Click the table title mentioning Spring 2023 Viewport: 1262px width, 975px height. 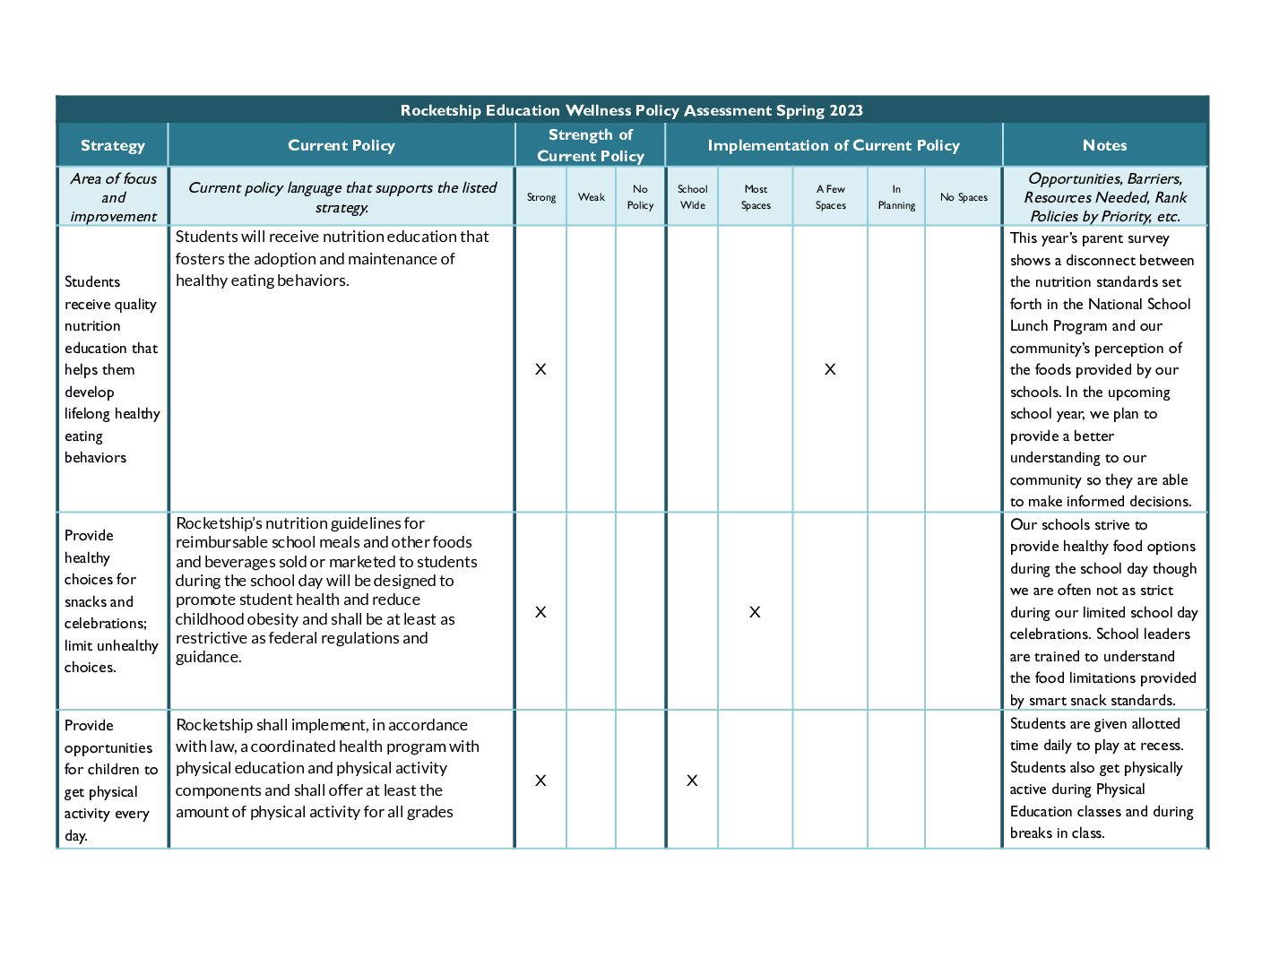(631, 110)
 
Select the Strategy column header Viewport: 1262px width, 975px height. (112, 145)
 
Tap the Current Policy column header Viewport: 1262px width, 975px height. (341, 145)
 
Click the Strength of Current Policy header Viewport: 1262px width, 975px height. (590, 145)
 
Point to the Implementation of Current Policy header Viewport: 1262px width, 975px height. (833, 145)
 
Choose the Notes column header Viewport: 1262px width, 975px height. (1104, 145)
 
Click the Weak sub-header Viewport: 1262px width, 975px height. (591, 197)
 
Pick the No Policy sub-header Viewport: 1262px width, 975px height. (640, 197)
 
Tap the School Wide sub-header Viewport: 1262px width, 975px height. (692, 197)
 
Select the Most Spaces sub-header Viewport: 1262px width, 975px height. (756, 197)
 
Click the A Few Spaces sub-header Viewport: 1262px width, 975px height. (830, 197)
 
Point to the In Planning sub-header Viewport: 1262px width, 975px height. (896, 197)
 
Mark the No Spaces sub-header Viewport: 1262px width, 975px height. (964, 197)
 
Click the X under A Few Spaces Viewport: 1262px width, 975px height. (830, 369)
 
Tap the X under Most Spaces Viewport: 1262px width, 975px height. (755, 612)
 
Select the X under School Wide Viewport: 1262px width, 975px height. (692, 781)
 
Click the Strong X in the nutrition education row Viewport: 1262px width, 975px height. (540, 369)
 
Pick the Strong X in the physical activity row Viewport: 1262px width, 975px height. (540, 781)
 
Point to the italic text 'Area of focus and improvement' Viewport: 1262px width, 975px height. (113, 197)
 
